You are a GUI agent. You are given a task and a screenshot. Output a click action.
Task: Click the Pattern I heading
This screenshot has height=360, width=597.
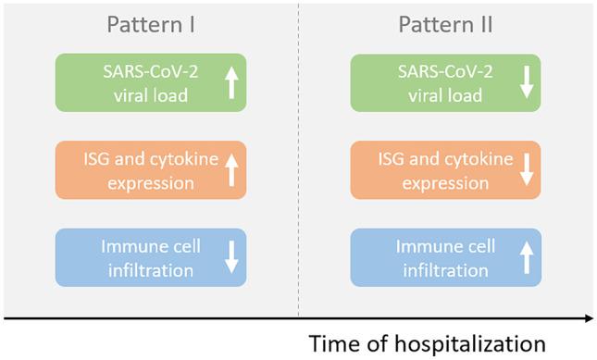(152, 25)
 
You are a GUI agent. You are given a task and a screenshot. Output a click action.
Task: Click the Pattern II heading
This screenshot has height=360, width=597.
(447, 25)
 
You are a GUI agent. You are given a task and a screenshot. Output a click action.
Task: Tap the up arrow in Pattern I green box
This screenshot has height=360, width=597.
(231, 82)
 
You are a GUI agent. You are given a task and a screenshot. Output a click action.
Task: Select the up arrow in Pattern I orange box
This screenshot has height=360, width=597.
(231, 169)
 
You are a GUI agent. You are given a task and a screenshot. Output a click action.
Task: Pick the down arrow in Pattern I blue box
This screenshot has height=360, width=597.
(231, 257)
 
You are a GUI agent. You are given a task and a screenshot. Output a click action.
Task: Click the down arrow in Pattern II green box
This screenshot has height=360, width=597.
(527, 82)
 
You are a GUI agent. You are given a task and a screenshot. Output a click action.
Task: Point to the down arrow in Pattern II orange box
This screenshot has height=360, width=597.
(527, 169)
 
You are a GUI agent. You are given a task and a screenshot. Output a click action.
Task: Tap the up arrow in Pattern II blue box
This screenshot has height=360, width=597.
(527, 257)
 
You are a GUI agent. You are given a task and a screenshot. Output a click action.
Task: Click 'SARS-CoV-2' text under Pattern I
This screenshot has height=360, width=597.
(141, 72)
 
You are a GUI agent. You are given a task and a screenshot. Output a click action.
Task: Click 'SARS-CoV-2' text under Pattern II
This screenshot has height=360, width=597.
(436, 72)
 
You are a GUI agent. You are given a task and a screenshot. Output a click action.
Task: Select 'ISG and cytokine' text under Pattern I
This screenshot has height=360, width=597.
(141, 159)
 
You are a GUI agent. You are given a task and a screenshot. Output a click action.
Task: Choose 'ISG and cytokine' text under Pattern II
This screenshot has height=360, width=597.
(436, 159)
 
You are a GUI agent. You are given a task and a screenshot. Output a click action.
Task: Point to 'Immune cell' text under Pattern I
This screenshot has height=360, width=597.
(141, 247)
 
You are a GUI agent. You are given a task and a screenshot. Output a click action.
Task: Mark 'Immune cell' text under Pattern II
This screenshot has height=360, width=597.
(436, 247)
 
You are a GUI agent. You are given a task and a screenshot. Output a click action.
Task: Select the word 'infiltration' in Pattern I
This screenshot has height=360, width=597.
(141, 270)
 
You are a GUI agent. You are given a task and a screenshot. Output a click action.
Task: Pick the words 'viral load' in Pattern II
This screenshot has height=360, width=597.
(436, 95)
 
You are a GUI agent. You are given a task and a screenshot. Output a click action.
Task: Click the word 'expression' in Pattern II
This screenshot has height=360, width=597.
(436, 182)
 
